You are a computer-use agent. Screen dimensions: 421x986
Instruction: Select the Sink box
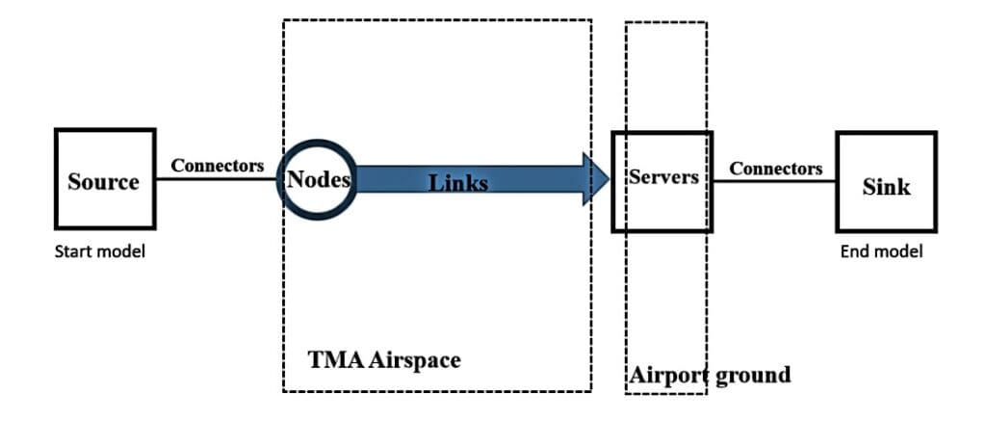click(885, 181)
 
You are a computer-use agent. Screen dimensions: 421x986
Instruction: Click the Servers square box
click(662, 181)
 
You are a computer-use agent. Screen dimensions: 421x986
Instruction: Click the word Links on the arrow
click(458, 182)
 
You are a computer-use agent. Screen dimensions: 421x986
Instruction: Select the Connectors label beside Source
click(218, 166)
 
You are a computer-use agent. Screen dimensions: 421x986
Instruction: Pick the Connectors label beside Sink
click(775, 169)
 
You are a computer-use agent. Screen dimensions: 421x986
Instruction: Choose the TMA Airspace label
click(383, 360)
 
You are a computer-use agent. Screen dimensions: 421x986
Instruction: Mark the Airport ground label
click(710, 375)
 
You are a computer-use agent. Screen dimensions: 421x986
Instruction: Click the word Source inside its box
click(103, 182)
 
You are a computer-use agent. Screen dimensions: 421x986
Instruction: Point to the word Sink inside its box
click(886, 186)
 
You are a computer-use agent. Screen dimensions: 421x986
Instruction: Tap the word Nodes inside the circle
click(318, 178)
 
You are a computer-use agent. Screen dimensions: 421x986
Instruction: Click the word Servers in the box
click(662, 177)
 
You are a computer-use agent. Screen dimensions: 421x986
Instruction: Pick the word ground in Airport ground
click(754, 375)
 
